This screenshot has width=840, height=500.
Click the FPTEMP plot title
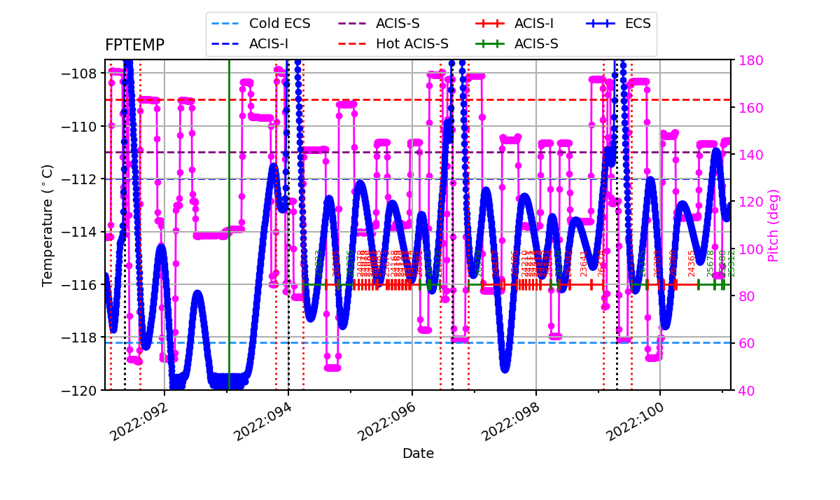[134, 46]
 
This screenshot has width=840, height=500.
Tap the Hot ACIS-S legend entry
[412, 44]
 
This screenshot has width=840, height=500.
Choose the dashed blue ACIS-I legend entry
[269, 44]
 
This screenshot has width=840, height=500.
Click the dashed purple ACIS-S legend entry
[398, 23]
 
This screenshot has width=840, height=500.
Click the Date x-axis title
[418, 454]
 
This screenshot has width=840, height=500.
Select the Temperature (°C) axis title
[48, 225]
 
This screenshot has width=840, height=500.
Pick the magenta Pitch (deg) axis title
[773, 225]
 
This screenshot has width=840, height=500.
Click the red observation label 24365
[692, 263]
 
